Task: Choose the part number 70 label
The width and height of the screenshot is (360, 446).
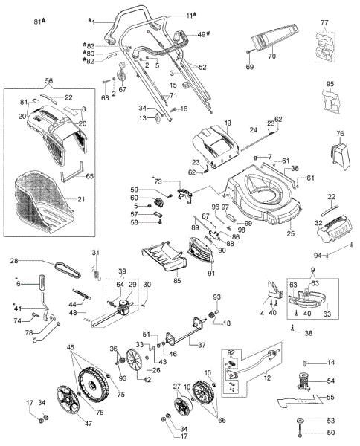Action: coord(271,56)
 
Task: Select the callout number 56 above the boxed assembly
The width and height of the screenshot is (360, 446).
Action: coord(49,80)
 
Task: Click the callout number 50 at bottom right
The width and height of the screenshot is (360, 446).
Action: coord(331,433)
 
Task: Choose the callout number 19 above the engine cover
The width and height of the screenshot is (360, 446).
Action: coord(228,121)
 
